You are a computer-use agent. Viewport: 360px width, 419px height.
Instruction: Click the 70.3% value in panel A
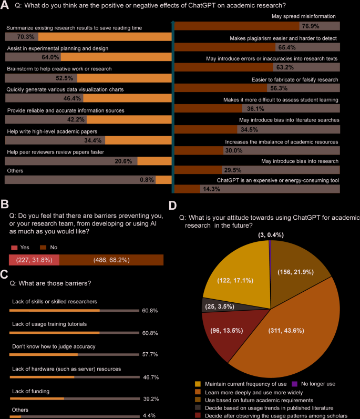(x=26, y=37)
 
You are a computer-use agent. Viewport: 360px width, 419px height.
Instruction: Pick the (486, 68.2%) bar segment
(x=111, y=260)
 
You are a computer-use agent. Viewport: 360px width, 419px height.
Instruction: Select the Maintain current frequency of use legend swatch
(x=198, y=384)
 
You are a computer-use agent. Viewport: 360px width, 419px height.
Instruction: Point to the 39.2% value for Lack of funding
(x=150, y=400)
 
